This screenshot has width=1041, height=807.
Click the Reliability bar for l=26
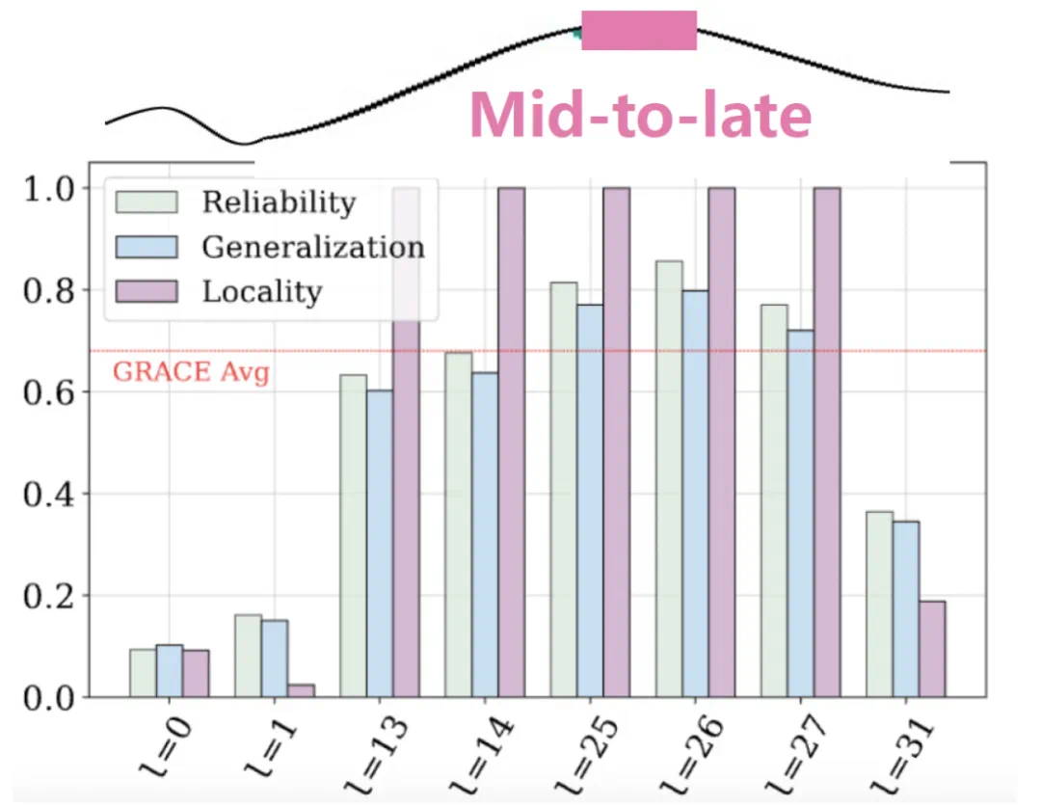[669, 478]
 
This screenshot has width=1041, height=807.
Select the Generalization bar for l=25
[590, 500]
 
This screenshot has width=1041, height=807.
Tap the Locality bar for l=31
[932, 648]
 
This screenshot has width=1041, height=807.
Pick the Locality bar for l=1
[301, 690]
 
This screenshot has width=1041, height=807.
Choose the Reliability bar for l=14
[458, 525]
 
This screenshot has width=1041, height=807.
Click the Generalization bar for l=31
[906, 608]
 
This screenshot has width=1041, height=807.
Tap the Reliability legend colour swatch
[147, 202]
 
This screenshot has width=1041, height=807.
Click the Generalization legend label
[312, 247]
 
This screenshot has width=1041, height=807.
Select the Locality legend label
[261, 291]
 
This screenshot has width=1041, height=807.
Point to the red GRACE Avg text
[191, 372]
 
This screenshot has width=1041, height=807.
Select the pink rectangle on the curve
[639, 30]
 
